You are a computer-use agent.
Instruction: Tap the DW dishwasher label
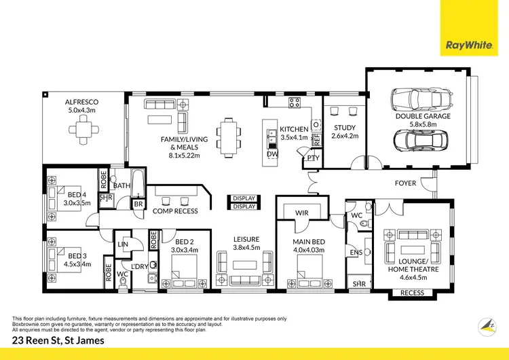272,155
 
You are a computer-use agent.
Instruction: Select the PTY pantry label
312,158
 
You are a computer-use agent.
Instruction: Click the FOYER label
406,183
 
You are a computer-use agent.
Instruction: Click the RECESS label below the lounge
413,293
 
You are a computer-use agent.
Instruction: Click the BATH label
122,185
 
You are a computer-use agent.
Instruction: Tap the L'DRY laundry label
140,266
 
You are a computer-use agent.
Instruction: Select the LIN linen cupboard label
124,243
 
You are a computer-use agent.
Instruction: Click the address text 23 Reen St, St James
58,341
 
